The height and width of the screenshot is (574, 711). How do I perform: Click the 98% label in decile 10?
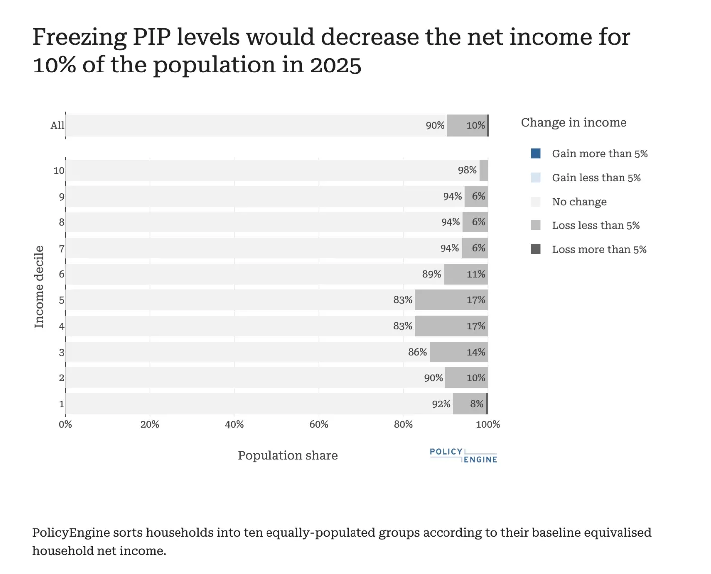(x=467, y=170)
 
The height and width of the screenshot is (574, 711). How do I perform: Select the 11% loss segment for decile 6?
(x=465, y=274)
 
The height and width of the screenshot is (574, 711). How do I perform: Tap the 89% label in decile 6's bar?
(x=431, y=274)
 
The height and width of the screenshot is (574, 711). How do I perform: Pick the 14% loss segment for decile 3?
(x=458, y=352)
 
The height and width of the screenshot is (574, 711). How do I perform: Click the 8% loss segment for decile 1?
(x=469, y=404)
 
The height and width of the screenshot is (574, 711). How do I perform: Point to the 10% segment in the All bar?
(x=467, y=125)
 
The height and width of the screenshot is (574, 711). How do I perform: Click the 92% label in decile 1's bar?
(x=441, y=404)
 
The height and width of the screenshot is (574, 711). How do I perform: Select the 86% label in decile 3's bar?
(x=417, y=352)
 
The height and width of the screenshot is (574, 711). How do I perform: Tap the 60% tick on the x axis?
(x=319, y=424)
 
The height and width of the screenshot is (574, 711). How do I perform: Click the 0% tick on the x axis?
(x=65, y=424)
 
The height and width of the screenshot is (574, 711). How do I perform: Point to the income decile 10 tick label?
(x=59, y=171)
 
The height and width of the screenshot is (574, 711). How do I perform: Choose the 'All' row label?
(x=57, y=126)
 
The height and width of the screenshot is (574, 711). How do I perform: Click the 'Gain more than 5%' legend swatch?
(x=535, y=154)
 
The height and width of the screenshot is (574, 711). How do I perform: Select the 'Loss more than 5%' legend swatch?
(x=535, y=249)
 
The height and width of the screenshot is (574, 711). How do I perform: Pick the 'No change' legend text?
(x=579, y=202)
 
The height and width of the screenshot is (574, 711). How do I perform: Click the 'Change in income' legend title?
(x=573, y=123)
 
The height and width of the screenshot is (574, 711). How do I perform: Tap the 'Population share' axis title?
(x=287, y=455)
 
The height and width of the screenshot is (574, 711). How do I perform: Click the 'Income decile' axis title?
(x=39, y=287)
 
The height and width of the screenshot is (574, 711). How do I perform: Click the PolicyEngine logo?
(x=463, y=455)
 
